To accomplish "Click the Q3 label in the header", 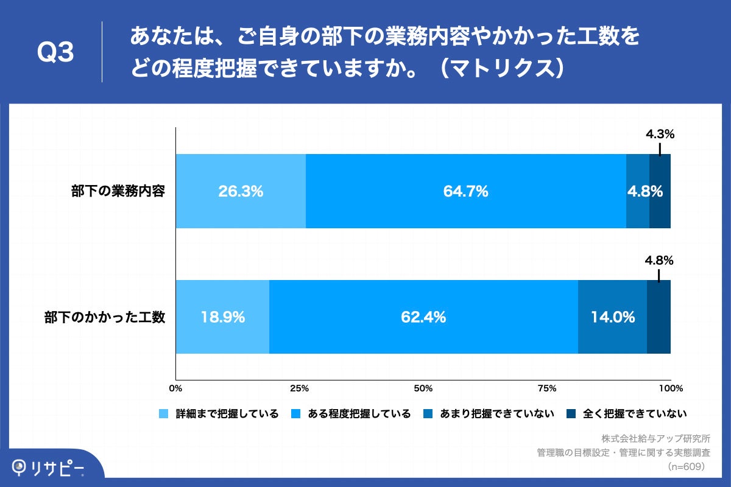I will [x=55, y=52].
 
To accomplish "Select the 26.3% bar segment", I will [x=241, y=191].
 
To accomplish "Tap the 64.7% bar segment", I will [x=465, y=191].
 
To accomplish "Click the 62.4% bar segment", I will [x=423, y=317].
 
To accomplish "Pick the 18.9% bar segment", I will [x=222, y=317].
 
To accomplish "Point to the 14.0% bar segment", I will [x=612, y=317].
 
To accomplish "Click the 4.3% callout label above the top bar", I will [x=660, y=135].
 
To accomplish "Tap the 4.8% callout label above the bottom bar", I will [x=659, y=261].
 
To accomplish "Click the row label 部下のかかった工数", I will [x=105, y=317].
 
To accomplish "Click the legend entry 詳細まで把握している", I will [x=219, y=414].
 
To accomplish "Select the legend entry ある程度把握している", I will [x=351, y=414].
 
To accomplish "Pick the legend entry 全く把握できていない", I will [x=627, y=414].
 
